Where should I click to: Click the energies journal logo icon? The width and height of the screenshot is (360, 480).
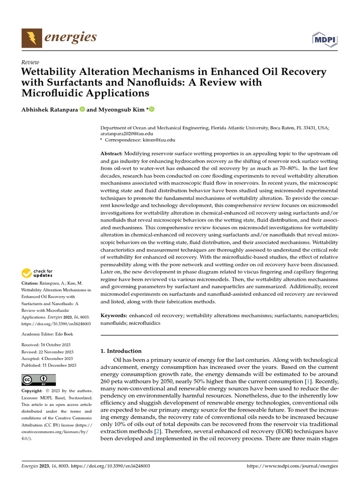31,37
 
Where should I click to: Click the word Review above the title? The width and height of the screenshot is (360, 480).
30,62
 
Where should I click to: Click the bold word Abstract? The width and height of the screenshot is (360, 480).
112,154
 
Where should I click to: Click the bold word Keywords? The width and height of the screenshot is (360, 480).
114,316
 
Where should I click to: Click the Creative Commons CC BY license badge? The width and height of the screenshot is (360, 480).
38,380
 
